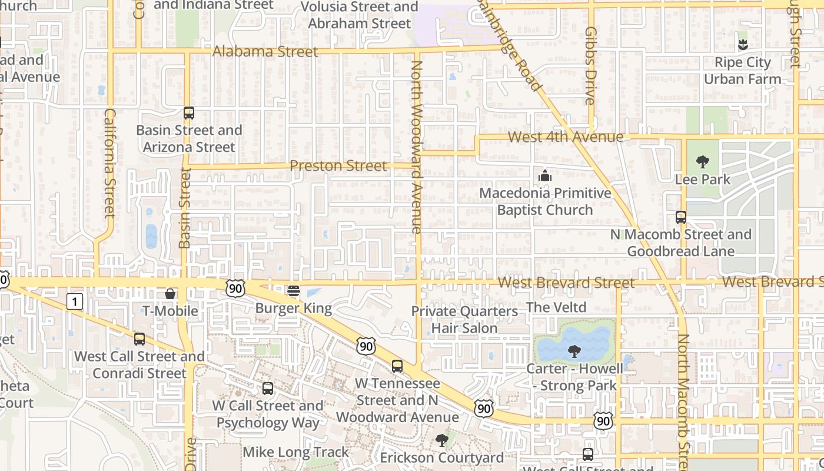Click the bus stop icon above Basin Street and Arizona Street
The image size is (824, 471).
[189, 113]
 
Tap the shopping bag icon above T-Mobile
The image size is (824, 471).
[170, 293]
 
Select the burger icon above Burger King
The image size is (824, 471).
[294, 291]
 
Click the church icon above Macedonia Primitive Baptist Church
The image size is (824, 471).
[545, 175]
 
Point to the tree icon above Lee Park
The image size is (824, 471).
[702, 162]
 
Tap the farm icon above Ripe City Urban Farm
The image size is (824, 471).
[743, 44]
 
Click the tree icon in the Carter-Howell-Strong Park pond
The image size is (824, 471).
[574, 351]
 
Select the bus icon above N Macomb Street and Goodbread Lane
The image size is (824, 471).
[681, 217]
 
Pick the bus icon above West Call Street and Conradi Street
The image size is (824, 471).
[139, 339]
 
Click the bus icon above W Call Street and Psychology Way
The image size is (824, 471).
[268, 388]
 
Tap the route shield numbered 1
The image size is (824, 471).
[74, 302]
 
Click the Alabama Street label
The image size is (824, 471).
[265, 52]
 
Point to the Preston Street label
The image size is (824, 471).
[338, 166]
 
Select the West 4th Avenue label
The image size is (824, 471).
[565, 137]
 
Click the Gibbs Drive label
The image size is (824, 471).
[591, 65]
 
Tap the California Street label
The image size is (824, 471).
[110, 162]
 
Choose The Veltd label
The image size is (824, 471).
[556, 307]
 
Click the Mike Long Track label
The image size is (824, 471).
[296, 452]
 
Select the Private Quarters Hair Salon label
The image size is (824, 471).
[464, 320]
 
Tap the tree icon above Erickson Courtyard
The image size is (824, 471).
[441, 440]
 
